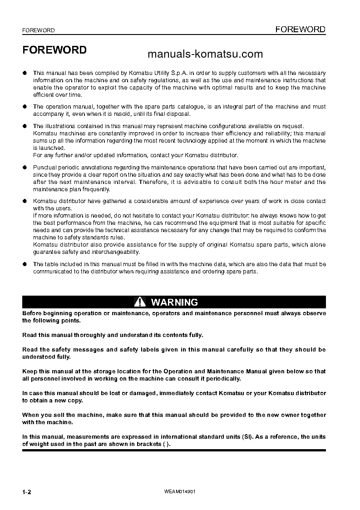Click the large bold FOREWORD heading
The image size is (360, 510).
pyautogui.click(x=54, y=50)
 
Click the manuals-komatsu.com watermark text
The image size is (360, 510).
pyautogui.click(x=205, y=54)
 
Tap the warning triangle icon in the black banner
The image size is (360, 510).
pyautogui.click(x=140, y=302)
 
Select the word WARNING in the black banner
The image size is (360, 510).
pyautogui.click(x=174, y=302)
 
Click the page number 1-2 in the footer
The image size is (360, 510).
pyautogui.click(x=27, y=492)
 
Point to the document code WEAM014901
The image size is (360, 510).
pyautogui.click(x=180, y=492)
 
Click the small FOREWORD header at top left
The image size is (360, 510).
pyautogui.click(x=39, y=30)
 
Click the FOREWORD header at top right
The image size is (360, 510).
pyautogui.click(x=301, y=30)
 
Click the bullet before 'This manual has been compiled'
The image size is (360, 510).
pyautogui.click(x=25, y=73)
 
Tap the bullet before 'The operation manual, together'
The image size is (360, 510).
pyautogui.click(x=25, y=107)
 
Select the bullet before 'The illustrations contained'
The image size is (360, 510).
pyautogui.click(x=25, y=126)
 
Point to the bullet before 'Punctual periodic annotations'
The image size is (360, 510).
pyautogui.click(x=25, y=168)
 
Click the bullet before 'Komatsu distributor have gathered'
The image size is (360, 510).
pyautogui.click(x=25, y=201)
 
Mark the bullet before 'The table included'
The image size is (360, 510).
pyautogui.click(x=25, y=264)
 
